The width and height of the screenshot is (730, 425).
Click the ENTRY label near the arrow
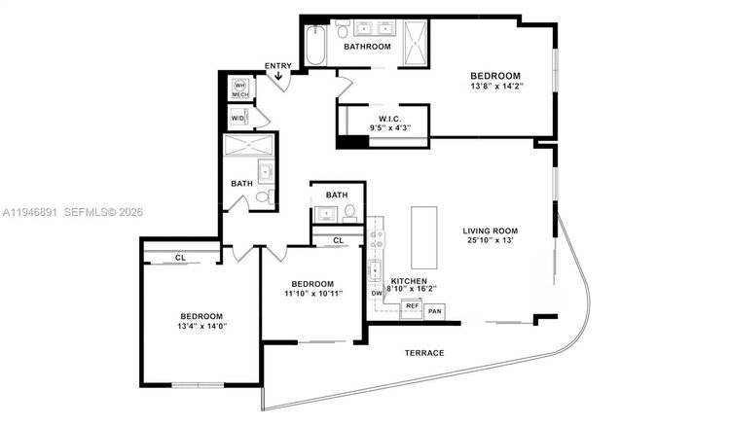(277, 66)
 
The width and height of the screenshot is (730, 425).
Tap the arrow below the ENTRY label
(279, 76)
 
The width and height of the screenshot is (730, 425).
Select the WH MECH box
(239, 89)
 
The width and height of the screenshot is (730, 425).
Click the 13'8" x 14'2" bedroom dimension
(495, 87)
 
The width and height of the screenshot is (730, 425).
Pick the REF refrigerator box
(412, 305)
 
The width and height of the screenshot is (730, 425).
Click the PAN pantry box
(434, 311)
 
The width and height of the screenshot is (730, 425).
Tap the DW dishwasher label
(376, 293)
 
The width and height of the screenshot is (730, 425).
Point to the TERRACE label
(425, 352)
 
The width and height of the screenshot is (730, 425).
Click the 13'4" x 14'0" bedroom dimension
(201, 327)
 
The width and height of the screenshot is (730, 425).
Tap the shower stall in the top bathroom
(416, 41)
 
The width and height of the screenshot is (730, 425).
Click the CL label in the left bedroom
(181, 258)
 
